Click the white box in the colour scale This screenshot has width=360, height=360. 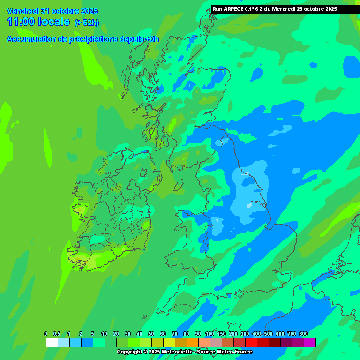click(52, 342)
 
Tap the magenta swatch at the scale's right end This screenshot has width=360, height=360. click(309, 342)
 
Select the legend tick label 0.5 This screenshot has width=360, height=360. click(57, 334)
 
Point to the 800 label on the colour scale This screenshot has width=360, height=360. click(304, 334)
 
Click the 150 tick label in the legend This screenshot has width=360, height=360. click(221, 334)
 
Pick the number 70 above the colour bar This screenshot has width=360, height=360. click(174, 334)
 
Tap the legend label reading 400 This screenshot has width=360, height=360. click(256, 334)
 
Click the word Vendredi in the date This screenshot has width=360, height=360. click(22, 11)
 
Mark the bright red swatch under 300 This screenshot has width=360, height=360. click(251, 342)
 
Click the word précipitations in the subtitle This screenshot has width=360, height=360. click(90, 39)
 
